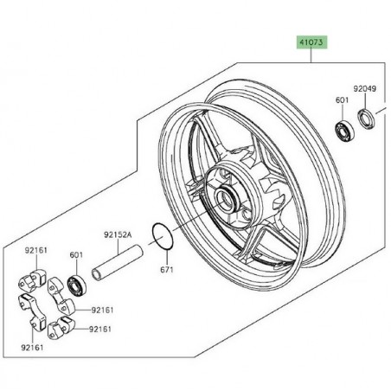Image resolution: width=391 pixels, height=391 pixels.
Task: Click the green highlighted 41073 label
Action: click(312, 40)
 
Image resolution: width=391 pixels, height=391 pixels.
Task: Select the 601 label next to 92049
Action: click(341, 99)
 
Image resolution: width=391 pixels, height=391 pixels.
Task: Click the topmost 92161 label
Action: click(36, 250)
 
